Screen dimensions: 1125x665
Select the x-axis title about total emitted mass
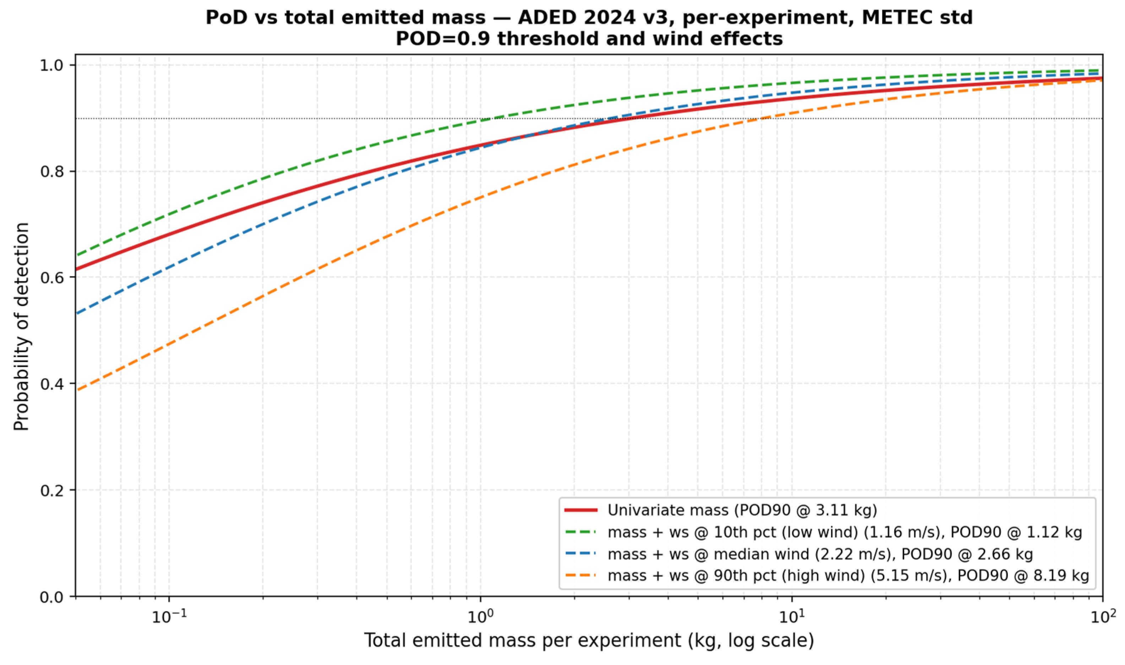[x=589, y=641]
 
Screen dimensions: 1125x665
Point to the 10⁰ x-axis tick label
[x=480, y=616]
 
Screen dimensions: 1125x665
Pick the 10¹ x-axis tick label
[x=792, y=616]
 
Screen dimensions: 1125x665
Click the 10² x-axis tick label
[x=1103, y=616]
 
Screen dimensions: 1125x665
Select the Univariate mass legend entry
[x=720, y=510]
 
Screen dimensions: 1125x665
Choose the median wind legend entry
[x=799, y=554]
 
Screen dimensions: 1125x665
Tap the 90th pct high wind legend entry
[x=827, y=575]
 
